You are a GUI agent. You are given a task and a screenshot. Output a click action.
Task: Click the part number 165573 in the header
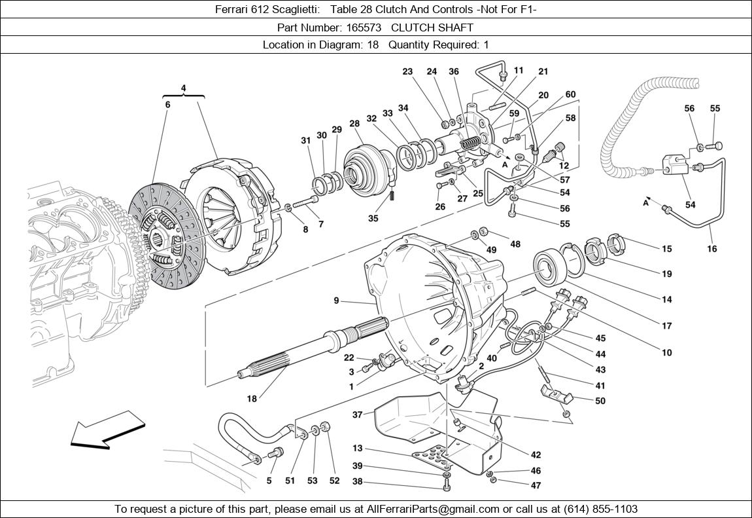pyautogui.click(x=364, y=28)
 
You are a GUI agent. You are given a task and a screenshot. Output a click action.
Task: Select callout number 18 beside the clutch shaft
pyautogui.click(x=252, y=398)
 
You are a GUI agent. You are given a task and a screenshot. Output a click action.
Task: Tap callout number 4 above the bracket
pyautogui.click(x=183, y=88)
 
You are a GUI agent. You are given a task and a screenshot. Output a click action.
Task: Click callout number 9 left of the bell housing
pyautogui.click(x=336, y=301)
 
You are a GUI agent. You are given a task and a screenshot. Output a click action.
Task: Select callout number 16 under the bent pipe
pyautogui.click(x=712, y=249)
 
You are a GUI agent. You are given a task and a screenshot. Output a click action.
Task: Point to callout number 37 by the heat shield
pyautogui.click(x=357, y=415)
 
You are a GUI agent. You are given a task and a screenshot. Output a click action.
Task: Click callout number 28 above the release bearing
pyautogui.click(x=354, y=124)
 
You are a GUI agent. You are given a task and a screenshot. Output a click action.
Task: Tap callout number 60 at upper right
pyautogui.click(x=570, y=94)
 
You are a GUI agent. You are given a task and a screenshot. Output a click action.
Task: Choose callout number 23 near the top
pyautogui.click(x=407, y=72)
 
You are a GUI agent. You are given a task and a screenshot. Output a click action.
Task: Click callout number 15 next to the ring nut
pyautogui.click(x=666, y=249)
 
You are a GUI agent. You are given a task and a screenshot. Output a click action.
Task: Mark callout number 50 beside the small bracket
pyautogui.click(x=600, y=401)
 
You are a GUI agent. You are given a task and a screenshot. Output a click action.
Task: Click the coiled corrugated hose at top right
pyautogui.click(x=628, y=124)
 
